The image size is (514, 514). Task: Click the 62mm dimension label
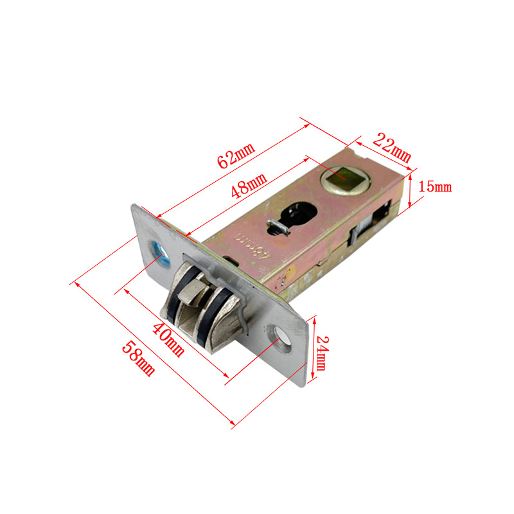(236, 155)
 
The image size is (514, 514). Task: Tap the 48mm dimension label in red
(249, 186)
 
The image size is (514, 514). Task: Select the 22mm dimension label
(392, 148)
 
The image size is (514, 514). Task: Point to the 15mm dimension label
(435, 186)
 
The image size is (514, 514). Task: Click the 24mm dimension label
(321, 353)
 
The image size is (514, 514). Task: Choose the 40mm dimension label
(168, 340)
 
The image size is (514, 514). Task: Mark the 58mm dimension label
(138, 359)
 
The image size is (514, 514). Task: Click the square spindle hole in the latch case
(345, 180)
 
